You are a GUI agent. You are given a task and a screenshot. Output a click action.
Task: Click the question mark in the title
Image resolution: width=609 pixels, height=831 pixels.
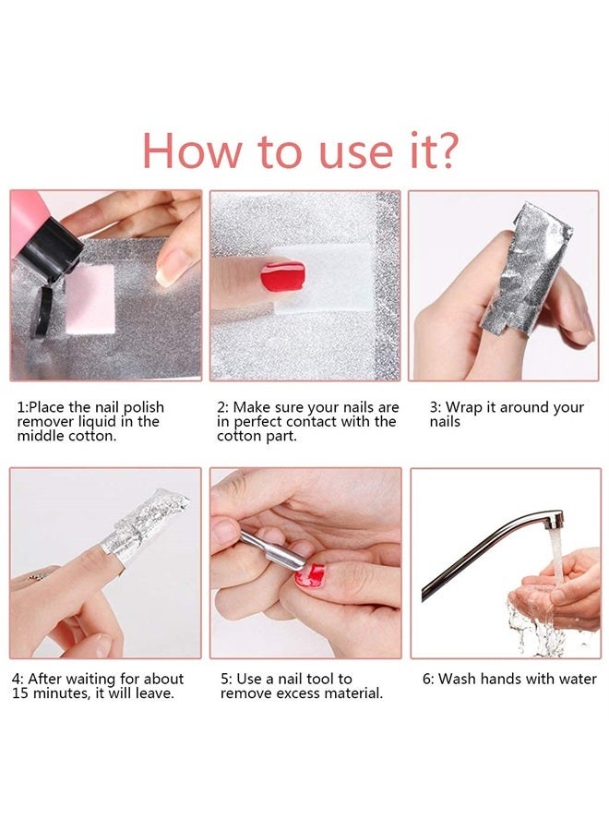coord(444,151)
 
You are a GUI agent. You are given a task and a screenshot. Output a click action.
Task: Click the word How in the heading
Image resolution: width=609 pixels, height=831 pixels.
coord(192,151)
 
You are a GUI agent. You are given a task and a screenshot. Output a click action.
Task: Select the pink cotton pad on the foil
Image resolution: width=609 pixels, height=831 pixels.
coord(90,297)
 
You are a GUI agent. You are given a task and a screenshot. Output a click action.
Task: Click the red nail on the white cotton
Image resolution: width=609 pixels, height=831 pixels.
coord(282,275)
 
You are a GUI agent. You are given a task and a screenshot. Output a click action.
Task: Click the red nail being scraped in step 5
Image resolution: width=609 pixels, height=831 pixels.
coord(311,574)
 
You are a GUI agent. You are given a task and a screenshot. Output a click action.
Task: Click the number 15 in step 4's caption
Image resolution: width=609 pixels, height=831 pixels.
coord(21,692)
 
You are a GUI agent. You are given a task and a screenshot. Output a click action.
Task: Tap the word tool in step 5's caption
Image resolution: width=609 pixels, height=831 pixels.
coord(334,679)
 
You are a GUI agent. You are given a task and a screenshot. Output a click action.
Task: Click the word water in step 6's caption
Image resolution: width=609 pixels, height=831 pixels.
coord(577,679)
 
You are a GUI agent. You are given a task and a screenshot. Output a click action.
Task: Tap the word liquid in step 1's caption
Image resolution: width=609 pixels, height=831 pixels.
coord(99,422)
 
